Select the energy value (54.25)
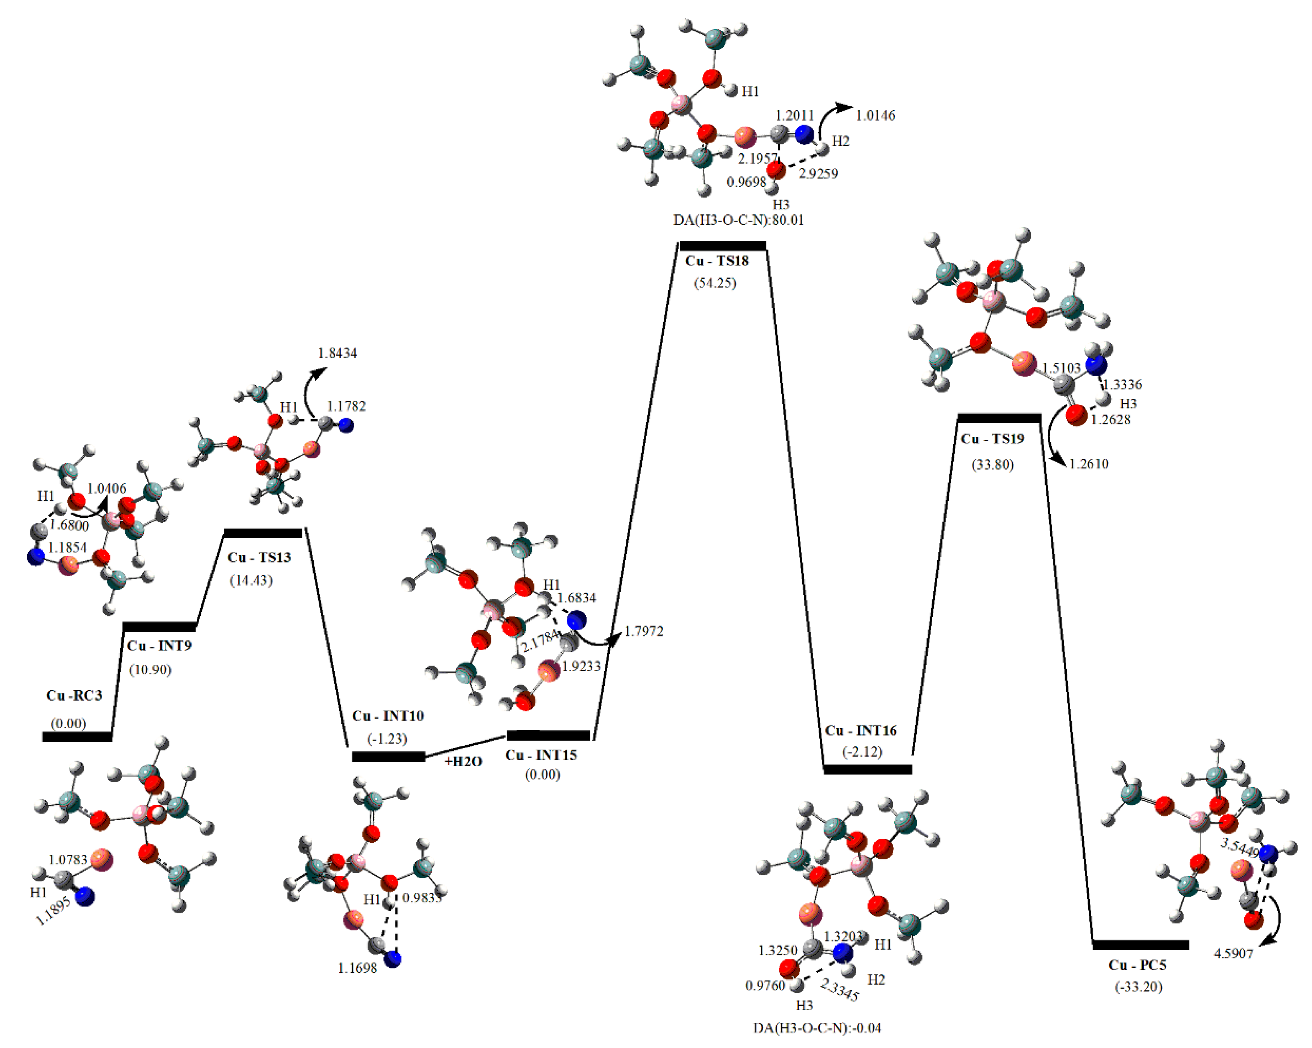point(714,283)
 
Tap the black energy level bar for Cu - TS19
point(999,418)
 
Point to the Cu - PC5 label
point(1137,965)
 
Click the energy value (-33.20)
point(1138,987)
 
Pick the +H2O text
point(463,761)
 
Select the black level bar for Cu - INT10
point(388,757)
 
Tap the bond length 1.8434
point(337,353)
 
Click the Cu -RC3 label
point(74,695)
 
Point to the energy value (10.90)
point(150,670)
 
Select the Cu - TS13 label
point(259,557)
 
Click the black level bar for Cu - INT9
point(159,627)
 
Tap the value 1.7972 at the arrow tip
point(644,631)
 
